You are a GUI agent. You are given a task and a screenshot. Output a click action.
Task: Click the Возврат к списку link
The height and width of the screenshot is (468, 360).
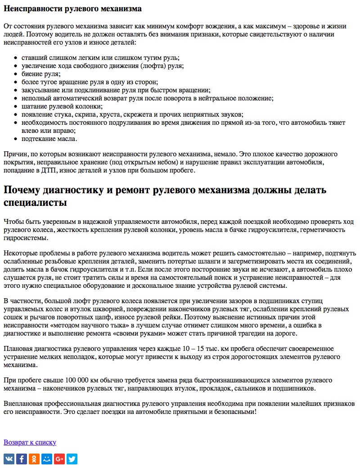(x=30, y=442)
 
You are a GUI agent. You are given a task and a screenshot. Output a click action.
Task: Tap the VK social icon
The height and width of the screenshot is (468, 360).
(x=9, y=459)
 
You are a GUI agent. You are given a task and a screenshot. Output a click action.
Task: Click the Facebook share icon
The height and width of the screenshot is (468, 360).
(x=22, y=459)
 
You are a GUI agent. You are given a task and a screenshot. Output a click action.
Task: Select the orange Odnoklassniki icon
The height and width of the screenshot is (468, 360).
(x=34, y=459)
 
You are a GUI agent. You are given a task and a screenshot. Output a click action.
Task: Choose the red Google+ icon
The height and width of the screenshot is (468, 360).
(x=59, y=459)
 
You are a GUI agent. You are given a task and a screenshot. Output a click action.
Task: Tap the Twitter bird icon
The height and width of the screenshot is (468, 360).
(x=72, y=459)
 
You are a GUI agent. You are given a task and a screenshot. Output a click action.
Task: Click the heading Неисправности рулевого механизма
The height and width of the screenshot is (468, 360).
(x=72, y=9)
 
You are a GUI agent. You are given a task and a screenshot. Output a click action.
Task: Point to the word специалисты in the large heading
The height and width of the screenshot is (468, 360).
(x=35, y=203)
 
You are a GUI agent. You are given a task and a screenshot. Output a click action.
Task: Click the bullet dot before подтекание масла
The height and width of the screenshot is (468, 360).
(x=16, y=139)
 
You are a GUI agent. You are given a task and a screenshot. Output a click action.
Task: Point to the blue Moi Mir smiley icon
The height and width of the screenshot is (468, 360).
(x=47, y=459)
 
